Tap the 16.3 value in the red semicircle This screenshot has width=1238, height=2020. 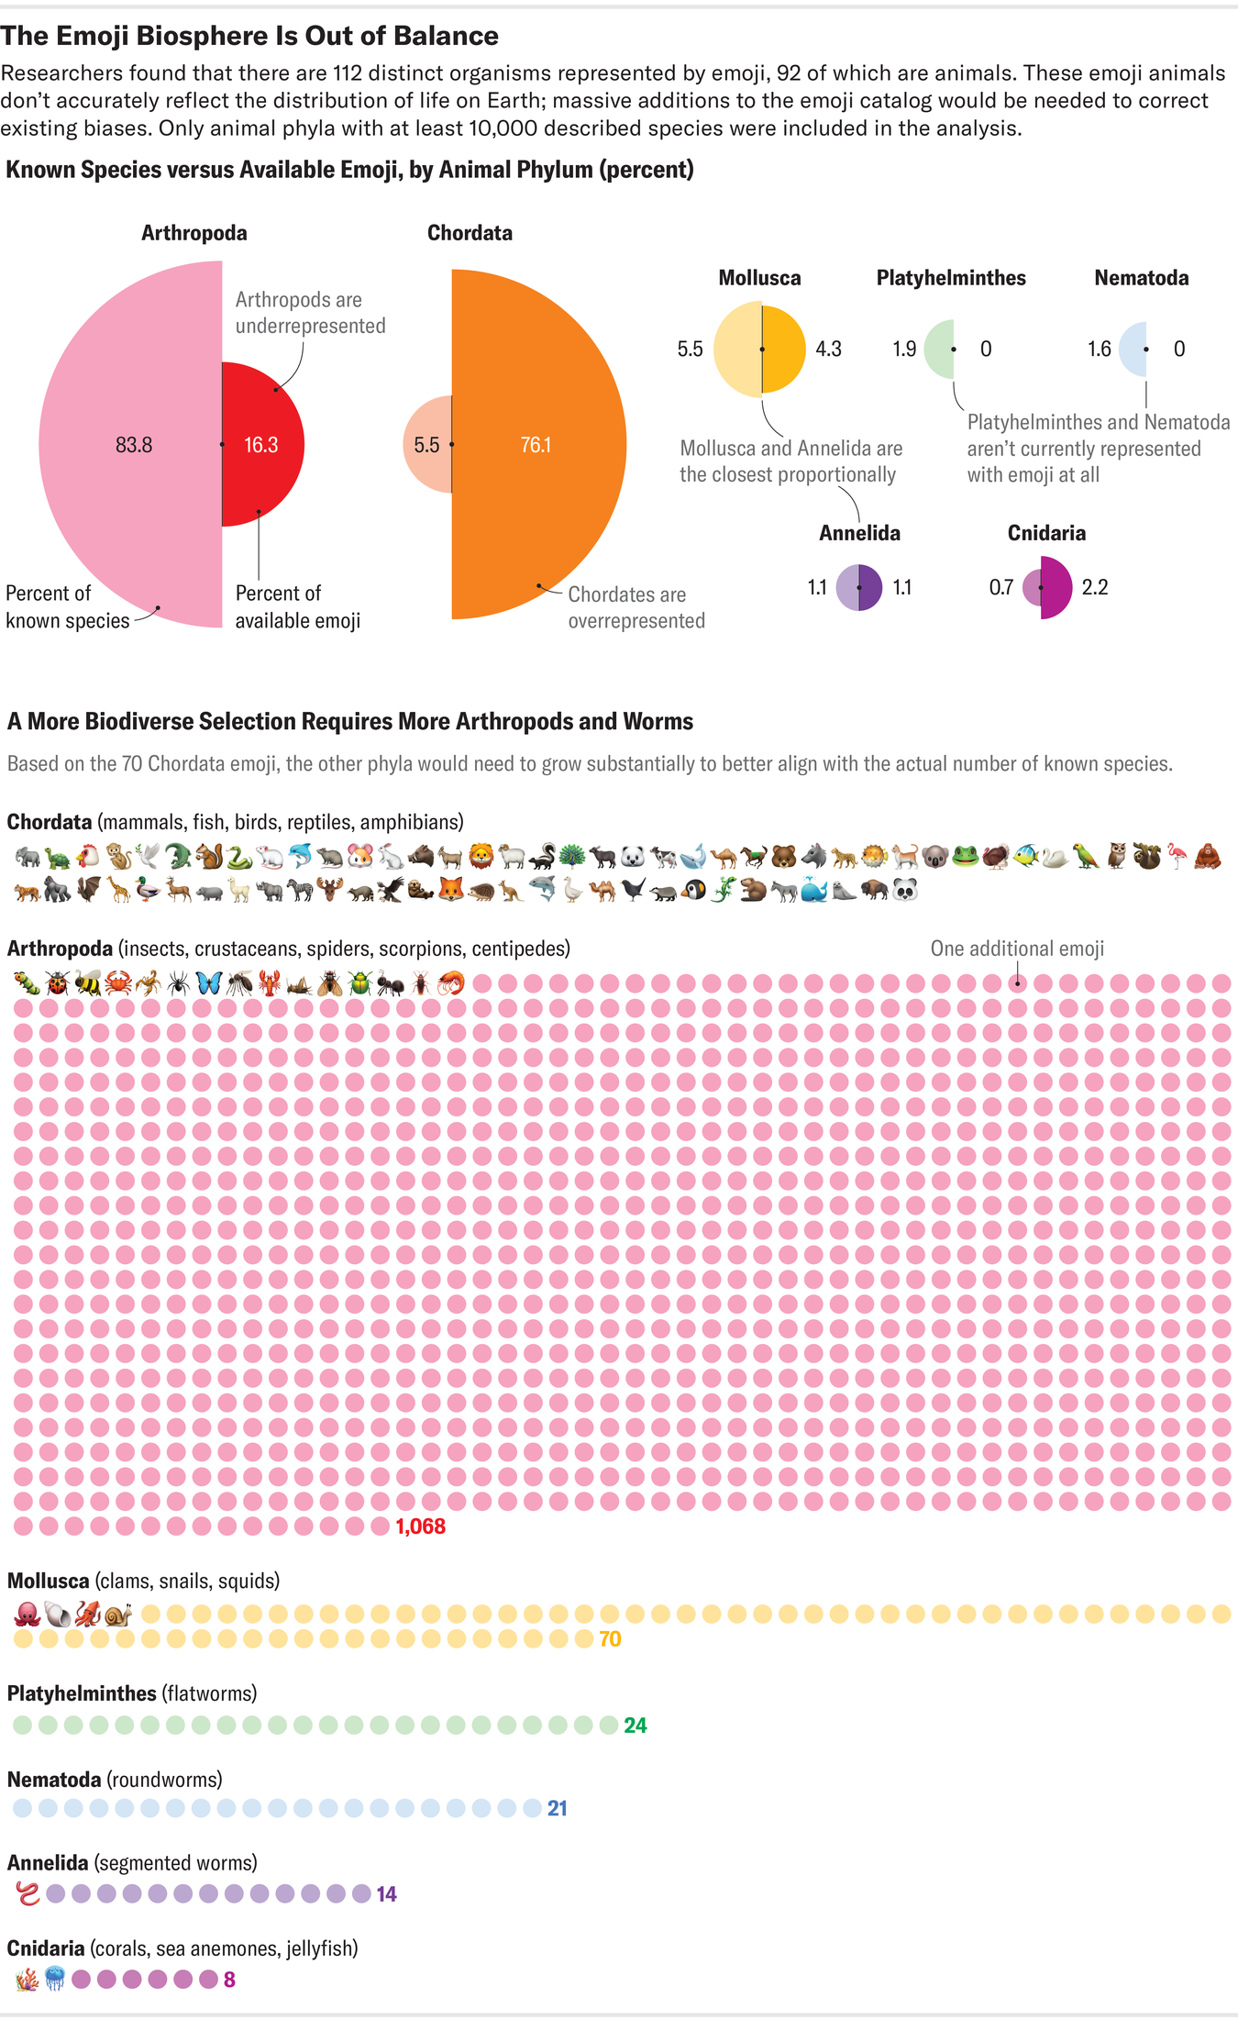260,445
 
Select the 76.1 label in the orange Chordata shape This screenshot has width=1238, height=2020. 536,445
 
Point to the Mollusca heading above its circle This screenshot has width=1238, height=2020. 759,278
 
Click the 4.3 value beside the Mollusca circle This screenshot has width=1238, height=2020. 828,350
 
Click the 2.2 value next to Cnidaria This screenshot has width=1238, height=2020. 1095,587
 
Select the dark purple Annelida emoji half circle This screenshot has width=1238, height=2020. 870,587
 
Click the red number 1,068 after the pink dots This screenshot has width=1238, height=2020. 420,1526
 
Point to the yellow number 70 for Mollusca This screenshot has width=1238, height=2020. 610,1639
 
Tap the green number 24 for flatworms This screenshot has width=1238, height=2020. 636,1726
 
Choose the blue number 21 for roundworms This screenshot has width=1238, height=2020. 558,1808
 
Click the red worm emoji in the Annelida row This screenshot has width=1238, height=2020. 28,1893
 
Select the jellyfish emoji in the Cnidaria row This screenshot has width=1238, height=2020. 55,1979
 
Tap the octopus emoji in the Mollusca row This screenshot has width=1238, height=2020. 28,1614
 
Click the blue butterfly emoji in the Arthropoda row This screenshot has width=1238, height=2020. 208,983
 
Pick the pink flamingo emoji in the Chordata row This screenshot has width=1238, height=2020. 1177,857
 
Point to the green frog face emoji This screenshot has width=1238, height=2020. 965,857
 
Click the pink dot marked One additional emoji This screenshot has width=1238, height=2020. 1017,983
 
